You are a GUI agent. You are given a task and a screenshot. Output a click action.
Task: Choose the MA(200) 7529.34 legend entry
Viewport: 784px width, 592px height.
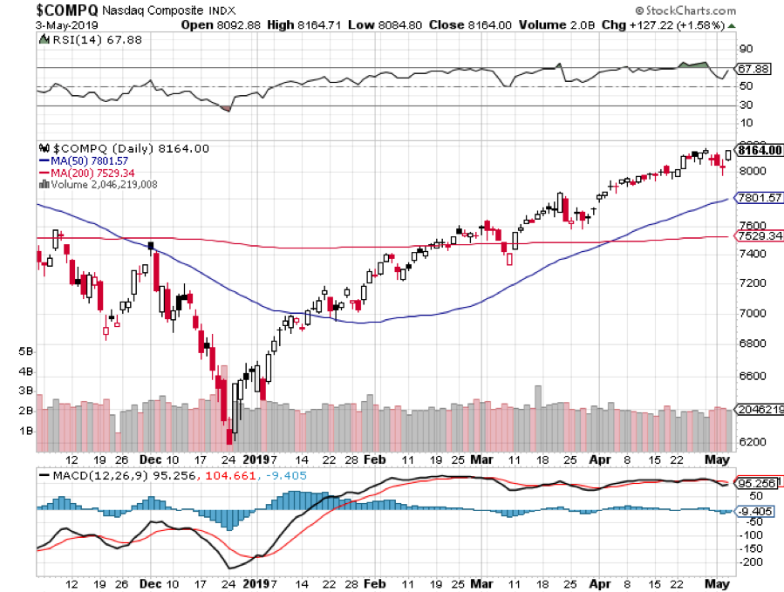90,173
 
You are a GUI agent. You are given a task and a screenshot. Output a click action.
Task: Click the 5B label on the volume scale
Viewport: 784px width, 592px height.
25,351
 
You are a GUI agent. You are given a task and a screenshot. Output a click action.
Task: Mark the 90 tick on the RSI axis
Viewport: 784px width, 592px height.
747,49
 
